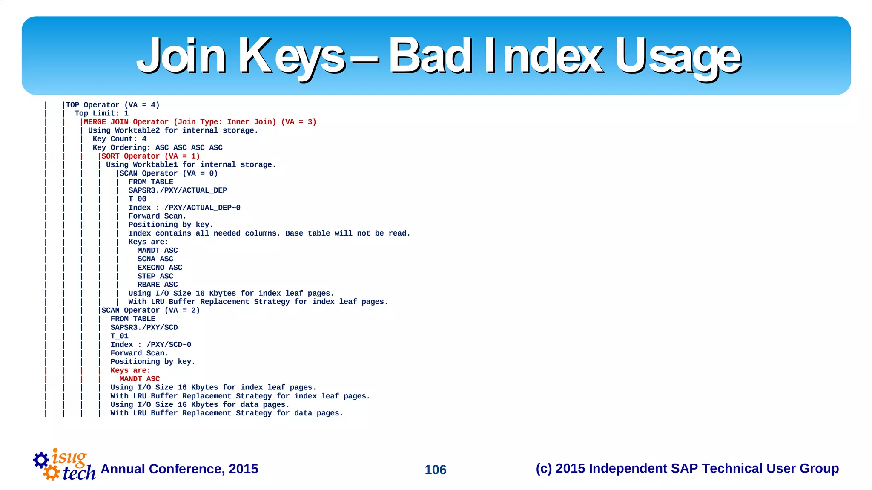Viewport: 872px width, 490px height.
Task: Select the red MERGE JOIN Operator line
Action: tap(200, 122)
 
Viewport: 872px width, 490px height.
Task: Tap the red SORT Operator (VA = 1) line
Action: tap(150, 156)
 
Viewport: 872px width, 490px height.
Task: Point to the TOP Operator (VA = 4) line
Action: tap(112, 105)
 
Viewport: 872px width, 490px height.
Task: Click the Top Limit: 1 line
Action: tap(101, 113)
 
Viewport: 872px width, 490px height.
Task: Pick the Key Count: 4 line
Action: tap(119, 139)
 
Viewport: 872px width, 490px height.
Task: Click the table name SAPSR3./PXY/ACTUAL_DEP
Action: tap(178, 190)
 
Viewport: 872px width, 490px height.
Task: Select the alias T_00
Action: tap(137, 199)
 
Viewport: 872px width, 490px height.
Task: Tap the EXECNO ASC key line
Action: tap(160, 268)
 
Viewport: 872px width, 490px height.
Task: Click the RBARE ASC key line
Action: tap(158, 285)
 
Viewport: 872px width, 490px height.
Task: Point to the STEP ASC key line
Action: tap(155, 276)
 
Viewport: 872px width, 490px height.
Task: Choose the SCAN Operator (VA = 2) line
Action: tap(150, 310)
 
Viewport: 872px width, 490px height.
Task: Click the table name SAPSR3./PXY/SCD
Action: tap(144, 327)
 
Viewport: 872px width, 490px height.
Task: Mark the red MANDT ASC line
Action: tap(140, 379)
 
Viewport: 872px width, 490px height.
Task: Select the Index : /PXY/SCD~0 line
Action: tap(151, 344)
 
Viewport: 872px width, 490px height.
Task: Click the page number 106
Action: tap(435, 470)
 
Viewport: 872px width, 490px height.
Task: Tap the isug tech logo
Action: tap(65, 465)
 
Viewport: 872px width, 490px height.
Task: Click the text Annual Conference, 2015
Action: tap(179, 469)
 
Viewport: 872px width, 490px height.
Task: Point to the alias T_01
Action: tap(119, 336)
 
